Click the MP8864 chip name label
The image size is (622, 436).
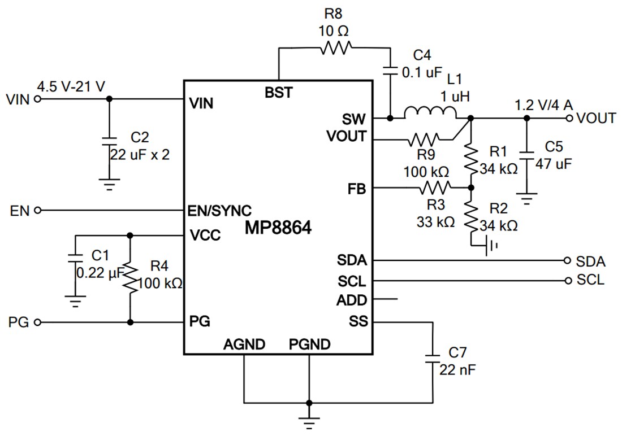[278, 229]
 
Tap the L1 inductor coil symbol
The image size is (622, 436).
[430, 113]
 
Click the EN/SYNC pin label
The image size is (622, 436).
[219, 211]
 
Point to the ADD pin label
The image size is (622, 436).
[352, 300]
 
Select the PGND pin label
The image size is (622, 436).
[309, 343]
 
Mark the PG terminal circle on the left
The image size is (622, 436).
[38, 322]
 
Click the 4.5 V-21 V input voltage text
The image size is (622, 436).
[71, 87]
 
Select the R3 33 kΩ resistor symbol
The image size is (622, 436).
[434, 187]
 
